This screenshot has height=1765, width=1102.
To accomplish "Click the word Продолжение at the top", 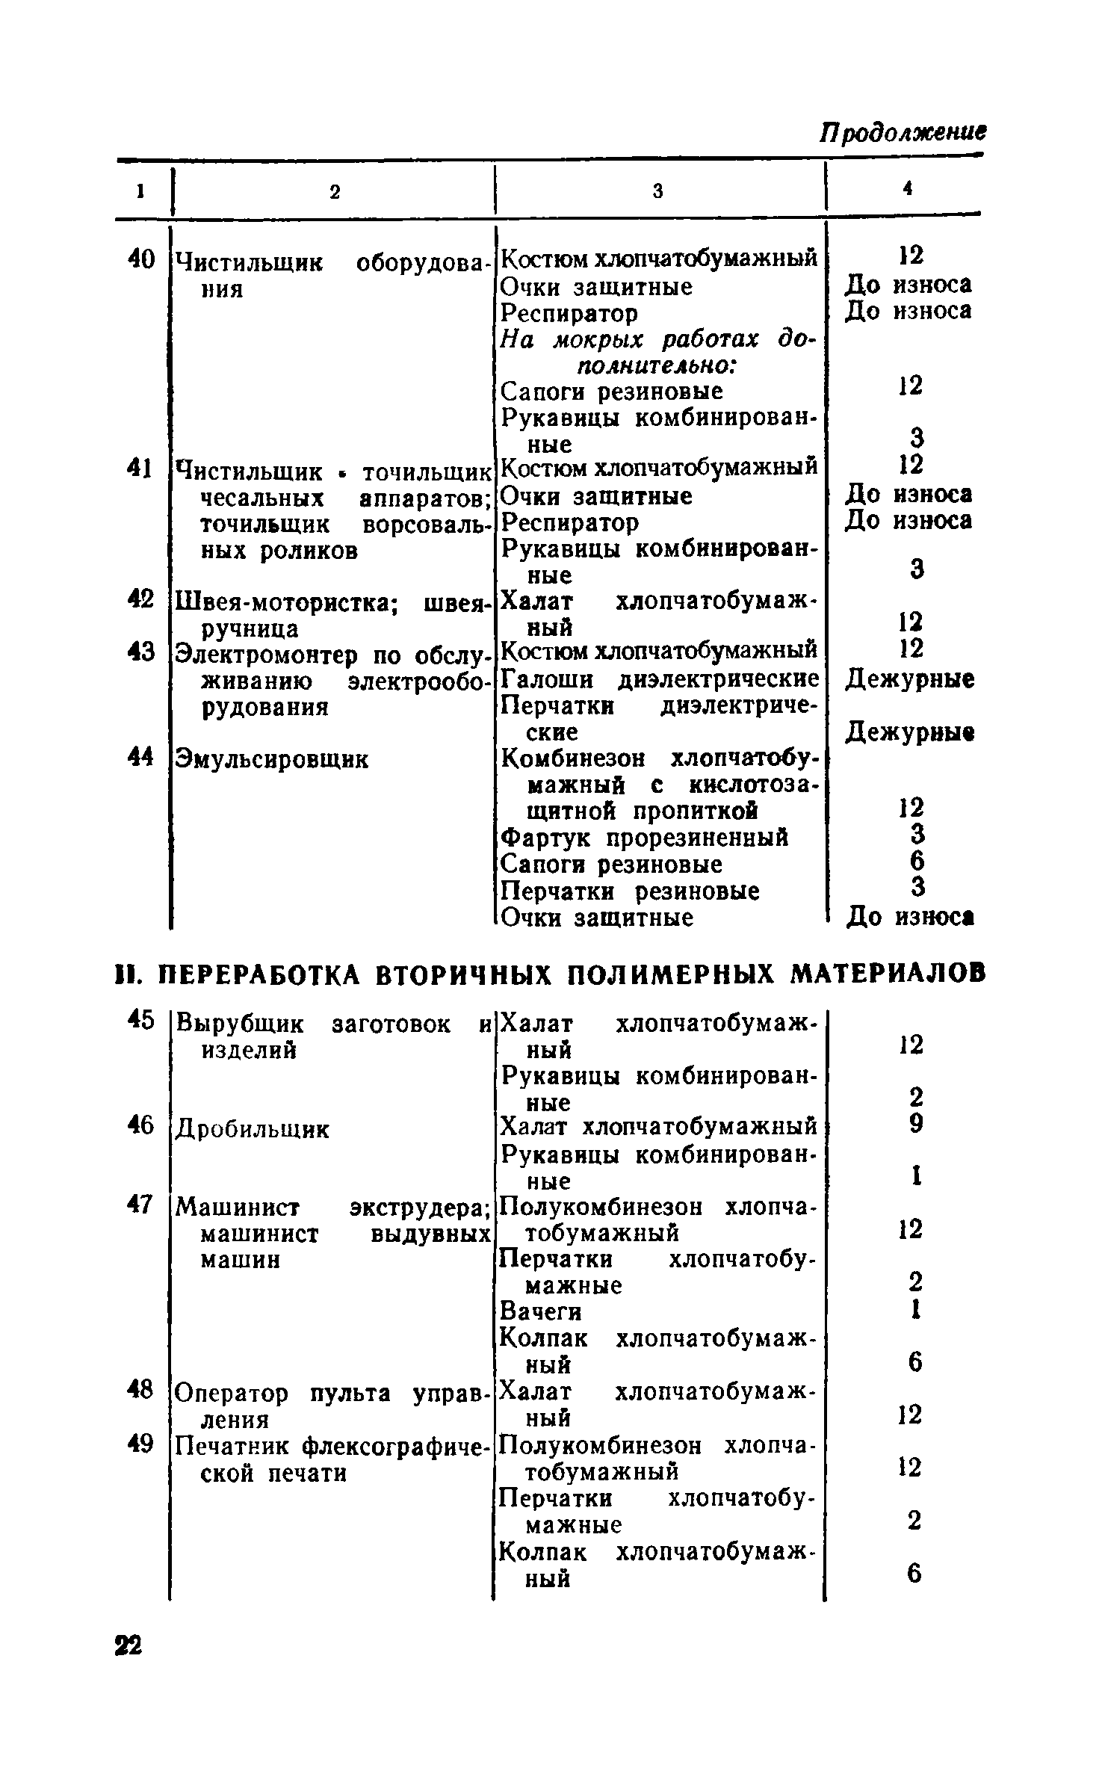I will pos(903,135).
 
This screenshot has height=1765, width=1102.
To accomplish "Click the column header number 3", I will pos(658,192).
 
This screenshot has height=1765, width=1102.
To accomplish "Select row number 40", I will pos(140,261).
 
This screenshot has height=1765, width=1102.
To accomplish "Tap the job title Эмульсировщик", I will pos(271,760).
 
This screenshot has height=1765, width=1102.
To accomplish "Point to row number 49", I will pos(140,1444).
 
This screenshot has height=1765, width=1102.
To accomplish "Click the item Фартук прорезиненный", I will pos(644,838).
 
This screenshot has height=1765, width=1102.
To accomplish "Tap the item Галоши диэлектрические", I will pos(659,680).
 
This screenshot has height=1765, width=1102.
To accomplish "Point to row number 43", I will pos(140,652).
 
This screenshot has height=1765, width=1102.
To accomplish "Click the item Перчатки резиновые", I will pos(630,891).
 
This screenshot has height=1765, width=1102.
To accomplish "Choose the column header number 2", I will pos(335,192).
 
